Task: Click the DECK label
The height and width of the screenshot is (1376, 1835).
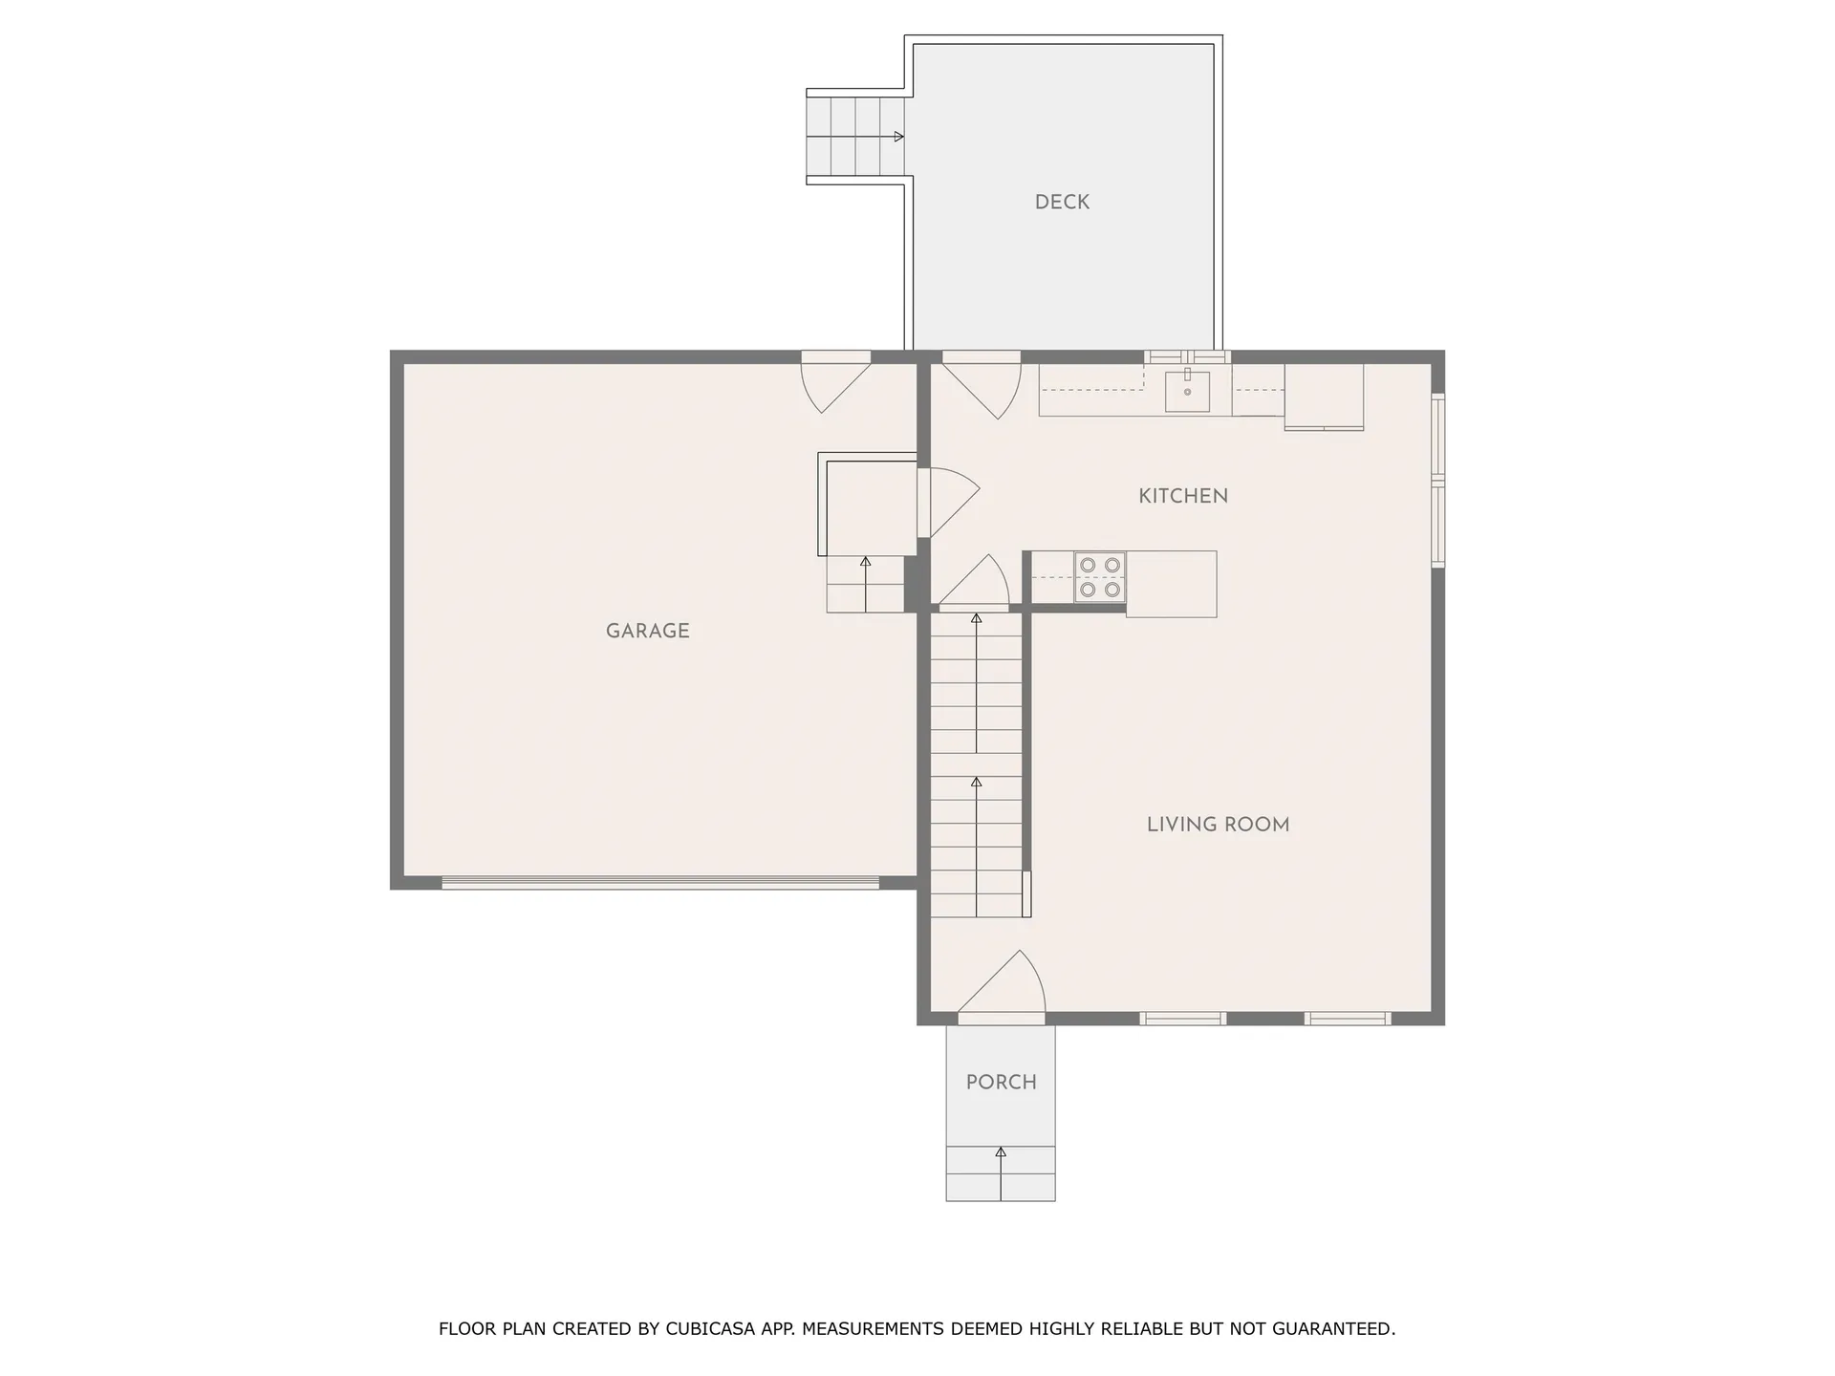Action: (x=1062, y=202)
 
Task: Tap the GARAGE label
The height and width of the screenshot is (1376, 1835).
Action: (x=647, y=631)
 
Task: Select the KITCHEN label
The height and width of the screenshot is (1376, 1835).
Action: (x=1182, y=496)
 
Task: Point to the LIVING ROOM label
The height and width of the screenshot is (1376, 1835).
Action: (x=1218, y=825)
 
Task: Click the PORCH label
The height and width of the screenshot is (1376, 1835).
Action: (x=1001, y=1083)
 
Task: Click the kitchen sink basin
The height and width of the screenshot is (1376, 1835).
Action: (x=1187, y=391)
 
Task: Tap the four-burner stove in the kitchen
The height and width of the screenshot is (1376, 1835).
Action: (x=1099, y=577)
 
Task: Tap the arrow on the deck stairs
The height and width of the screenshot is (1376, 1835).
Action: (x=898, y=137)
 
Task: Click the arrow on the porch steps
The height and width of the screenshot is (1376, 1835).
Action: (x=1001, y=1153)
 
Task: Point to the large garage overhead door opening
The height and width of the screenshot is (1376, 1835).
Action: (x=659, y=883)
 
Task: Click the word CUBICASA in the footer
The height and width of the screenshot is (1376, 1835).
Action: (x=709, y=1329)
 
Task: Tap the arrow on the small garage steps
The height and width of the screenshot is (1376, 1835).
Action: (x=865, y=563)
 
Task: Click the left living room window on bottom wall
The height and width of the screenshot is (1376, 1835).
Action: (x=1182, y=1019)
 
